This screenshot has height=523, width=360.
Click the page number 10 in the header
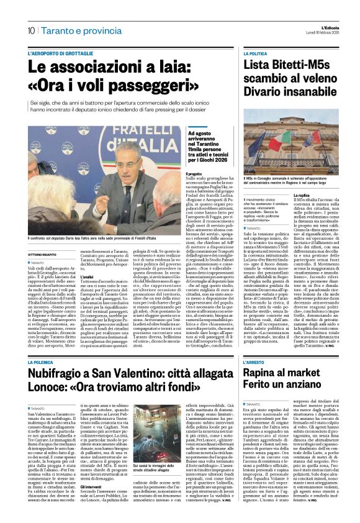tap(30, 30)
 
